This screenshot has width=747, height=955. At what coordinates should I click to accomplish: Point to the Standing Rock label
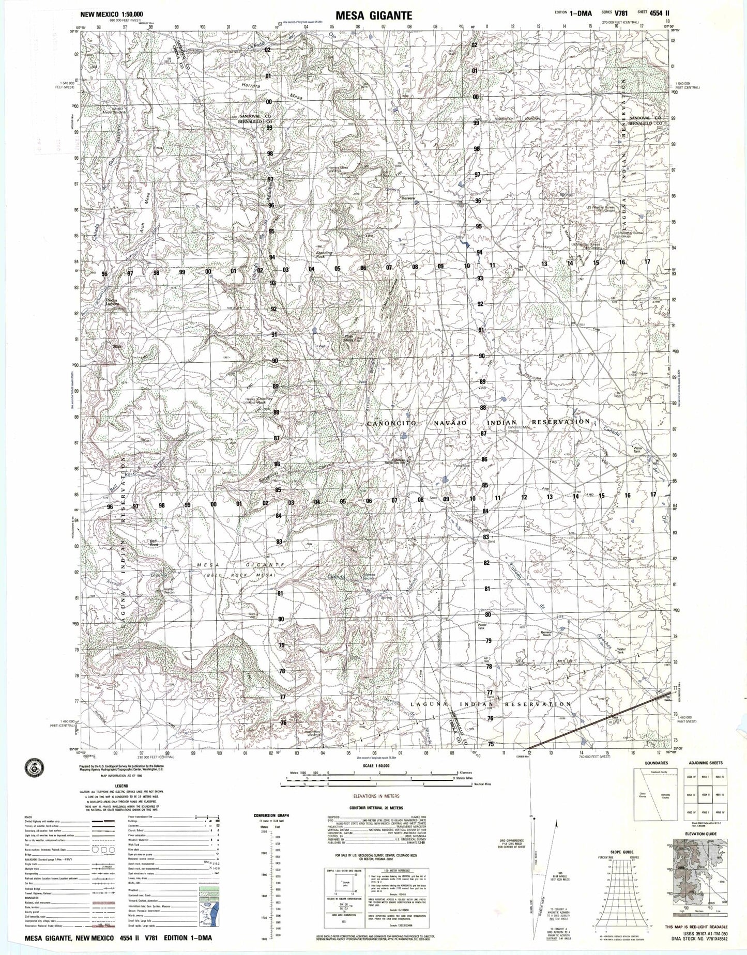324,254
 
